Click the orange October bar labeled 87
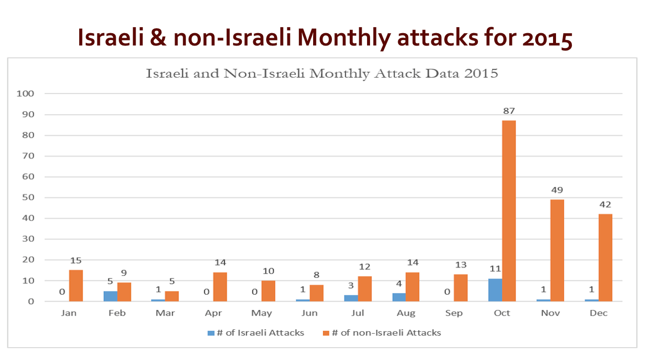click(509, 211)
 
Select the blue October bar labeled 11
click(495, 290)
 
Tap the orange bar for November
click(557, 250)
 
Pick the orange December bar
click(605, 258)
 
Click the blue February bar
click(111, 296)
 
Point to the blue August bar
click(399, 297)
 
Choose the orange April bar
click(220, 287)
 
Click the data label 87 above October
click(509, 111)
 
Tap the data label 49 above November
click(557, 190)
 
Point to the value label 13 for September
click(461, 265)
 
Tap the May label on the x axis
click(261, 314)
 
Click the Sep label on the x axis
click(454, 314)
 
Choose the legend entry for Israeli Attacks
click(256, 333)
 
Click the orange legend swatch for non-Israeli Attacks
click(325, 333)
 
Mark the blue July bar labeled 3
click(351, 298)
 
